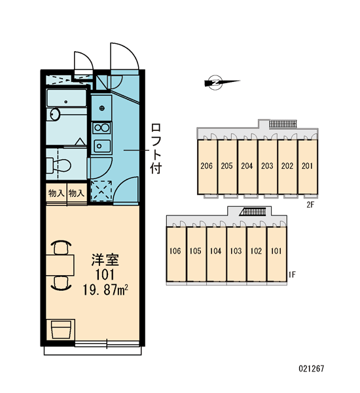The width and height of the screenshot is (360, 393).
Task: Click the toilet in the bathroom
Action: tap(59, 165)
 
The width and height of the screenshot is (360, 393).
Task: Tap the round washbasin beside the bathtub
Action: tap(54, 114)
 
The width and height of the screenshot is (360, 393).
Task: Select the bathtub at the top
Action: tap(67, 98)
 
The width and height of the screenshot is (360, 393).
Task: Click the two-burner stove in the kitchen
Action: tap(101, 128)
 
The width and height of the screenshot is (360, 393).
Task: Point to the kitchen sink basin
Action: tap(102, 146)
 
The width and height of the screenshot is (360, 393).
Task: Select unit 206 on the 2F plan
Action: tap(207, 166)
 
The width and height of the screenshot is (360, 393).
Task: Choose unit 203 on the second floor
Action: tap(267, 166)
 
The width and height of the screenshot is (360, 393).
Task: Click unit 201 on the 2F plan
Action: tap(308, 166)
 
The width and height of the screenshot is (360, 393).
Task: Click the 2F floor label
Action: tap(310, 205)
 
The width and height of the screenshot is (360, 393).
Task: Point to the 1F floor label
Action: tap(292, 274)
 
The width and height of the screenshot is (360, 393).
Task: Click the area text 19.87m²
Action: tap(105, 290)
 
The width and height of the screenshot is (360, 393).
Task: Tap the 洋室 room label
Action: tap(105, 259)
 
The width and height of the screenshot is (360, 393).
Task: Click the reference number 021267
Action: tap(312, 368)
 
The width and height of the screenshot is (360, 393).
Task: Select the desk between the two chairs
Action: tap(60, 265)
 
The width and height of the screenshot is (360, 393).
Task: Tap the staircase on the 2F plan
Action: tap(283, 124)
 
